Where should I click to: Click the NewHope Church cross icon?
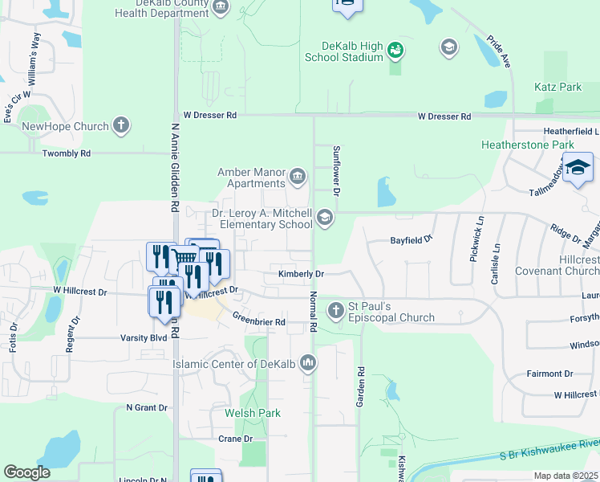tap(120, 125)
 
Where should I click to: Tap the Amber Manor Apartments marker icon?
tap(298, 176)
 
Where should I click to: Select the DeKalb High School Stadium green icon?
tap(395, 51)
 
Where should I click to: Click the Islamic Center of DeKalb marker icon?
tap(307, 364)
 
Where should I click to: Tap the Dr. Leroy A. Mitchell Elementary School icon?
tap(324, 218)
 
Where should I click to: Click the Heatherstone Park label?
tap(527, 145)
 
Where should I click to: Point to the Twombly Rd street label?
tap(67, 153)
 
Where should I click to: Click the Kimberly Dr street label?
tap(301, 274)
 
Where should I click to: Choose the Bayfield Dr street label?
tap(411, 239)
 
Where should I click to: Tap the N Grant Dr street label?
tap(145, 407)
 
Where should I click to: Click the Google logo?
tap(26, 472)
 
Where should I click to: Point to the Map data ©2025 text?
tap(566, 476)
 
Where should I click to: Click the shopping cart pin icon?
tap(184, 258)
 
